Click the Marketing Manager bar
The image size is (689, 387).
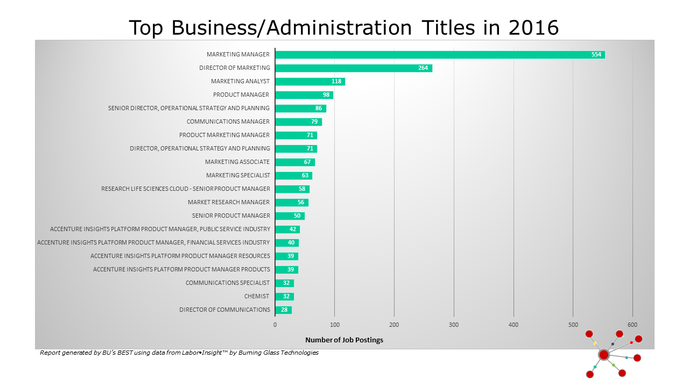click(440, 54)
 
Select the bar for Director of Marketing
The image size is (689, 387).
click(353, 68)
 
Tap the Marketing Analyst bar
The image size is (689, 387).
click(310, 81)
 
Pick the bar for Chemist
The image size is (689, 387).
click(284, 296)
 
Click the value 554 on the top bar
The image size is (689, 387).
click(596, 54)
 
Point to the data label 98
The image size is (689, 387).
click(326, 95)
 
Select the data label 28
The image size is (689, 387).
click(284, 310)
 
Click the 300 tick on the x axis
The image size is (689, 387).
click(454, 325)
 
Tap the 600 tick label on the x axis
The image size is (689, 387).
click(632, 325)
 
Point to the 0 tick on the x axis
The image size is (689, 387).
click(275, 325)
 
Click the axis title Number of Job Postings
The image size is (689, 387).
click(344, 340)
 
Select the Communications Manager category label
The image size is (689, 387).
click(228, 121)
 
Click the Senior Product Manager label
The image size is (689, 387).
click(231, 216)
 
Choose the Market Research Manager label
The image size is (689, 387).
click(229, 202)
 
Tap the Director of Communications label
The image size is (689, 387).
click(224, 310)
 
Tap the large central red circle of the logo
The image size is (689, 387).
click(603, 355)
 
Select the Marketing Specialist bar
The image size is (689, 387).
click(293, 175)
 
